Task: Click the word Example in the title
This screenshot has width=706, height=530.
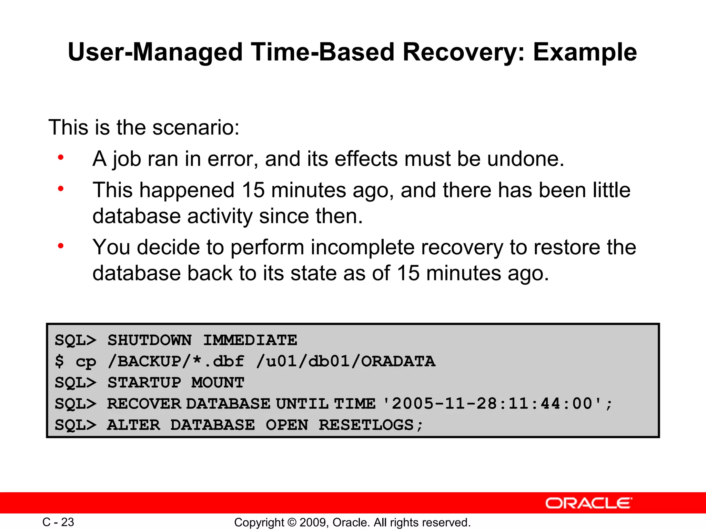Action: click(585, 52)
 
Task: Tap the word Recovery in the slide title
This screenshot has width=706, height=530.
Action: click(463, 52)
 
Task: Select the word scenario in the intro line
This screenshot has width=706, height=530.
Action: click(195, 127)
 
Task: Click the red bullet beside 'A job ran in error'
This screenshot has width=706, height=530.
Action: click(61, 158)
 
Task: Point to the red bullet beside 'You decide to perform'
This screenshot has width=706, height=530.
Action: click(61, 246)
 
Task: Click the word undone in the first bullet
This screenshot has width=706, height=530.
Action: click(525, 159)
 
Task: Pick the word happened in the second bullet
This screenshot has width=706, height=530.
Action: click(187, 190)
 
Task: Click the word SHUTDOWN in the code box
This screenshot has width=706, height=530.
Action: click(149, 340)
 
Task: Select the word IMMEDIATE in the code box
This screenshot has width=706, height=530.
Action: click(250, 340)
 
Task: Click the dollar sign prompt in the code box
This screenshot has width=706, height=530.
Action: click(59, 361)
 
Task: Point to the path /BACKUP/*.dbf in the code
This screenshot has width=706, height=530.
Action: click(176, 361)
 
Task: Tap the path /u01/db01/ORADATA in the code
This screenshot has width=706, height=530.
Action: click(346, 361)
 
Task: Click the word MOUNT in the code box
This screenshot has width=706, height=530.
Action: click(218, 383)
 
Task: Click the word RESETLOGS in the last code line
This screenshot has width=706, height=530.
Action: click(366, 425)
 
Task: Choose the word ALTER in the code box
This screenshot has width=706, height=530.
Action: click(134, 425)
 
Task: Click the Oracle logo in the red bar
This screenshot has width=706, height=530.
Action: click(588, 503)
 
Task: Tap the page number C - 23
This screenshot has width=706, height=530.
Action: click(58, 522)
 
